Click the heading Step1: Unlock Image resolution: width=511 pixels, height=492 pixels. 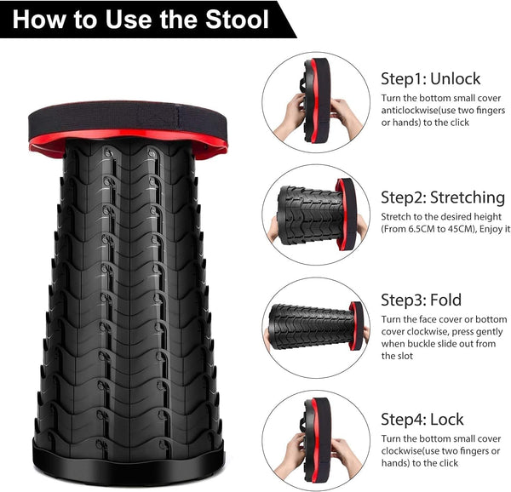click(430, 78)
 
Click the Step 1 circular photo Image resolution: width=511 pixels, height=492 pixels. click(316, 101)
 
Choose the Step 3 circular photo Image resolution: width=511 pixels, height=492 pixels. click(316, 327)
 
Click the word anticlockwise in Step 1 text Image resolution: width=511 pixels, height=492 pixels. click(415, 110)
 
